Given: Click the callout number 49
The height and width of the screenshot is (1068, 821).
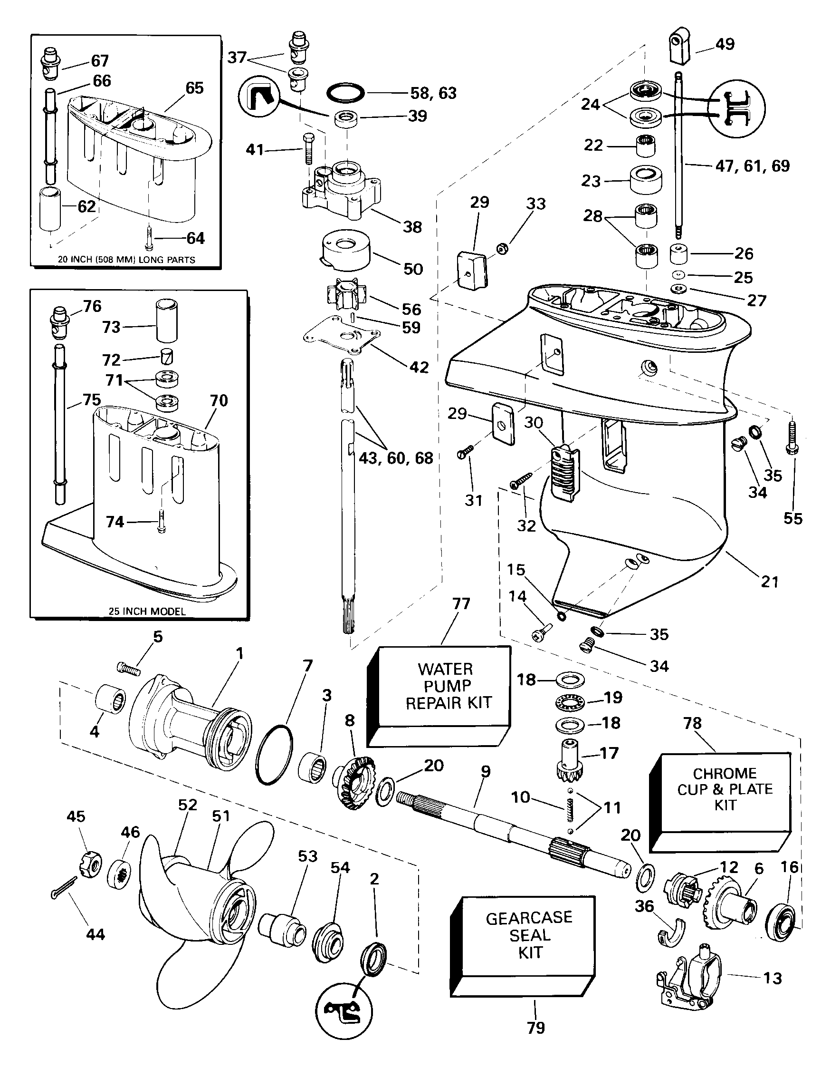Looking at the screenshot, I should click(725, 44).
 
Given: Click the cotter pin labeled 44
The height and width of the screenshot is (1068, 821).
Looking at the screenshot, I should click(64, 889).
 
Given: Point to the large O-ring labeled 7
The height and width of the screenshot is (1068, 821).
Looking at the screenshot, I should click(274, 756).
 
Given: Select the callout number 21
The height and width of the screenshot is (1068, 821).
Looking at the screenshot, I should click(770, 582).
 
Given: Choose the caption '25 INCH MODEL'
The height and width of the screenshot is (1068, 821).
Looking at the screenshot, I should click(147, 611).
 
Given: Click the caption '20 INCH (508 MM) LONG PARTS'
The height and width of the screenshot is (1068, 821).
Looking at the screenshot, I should click(126, 260).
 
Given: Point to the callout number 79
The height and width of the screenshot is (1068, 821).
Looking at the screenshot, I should click(535, 1028).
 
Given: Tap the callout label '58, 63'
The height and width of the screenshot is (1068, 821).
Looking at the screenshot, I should click(433, 92).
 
